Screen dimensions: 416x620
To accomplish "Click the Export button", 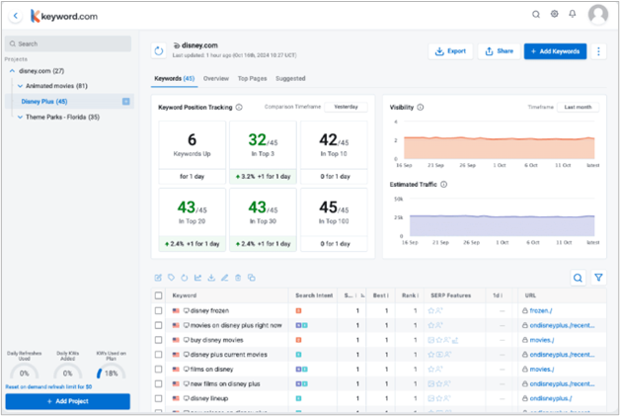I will [450, 50].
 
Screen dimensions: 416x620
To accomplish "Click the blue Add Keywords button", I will [555, 50].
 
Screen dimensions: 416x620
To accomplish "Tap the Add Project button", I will [67, 401].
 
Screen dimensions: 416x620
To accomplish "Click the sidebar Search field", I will [67, 43].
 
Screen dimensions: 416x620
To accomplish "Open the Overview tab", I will [215, 78].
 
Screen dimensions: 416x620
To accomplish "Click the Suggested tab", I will [289, 78].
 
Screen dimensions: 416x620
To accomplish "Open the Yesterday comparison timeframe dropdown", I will [346, 107].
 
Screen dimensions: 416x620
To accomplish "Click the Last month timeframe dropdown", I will [578, 107].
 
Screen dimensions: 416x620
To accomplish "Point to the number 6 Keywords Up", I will [192, 140].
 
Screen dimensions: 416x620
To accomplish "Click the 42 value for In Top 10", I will [329, 140].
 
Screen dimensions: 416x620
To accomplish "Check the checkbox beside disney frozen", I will [159, 310].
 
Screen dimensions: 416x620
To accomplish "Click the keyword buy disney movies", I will [219, 339].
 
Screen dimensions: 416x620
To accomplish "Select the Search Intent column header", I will [312, 294].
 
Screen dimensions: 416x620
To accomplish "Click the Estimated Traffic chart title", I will [413, 184].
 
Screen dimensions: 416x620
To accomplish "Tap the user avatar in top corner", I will [597, 15].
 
